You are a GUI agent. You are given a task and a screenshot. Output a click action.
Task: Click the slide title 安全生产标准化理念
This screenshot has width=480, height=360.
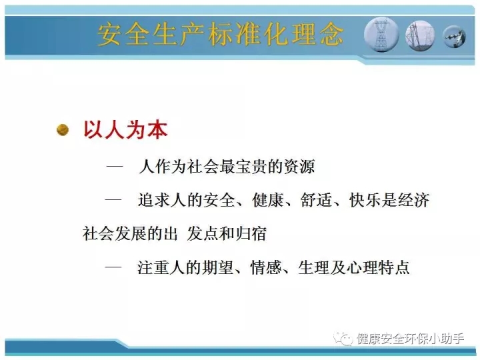[220, 35]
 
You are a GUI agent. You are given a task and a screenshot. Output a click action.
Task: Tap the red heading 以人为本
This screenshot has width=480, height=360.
[125, 130]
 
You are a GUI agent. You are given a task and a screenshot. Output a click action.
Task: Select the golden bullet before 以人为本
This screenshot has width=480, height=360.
[63, 130]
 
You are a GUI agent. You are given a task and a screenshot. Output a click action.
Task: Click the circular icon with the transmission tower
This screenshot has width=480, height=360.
[381, 35]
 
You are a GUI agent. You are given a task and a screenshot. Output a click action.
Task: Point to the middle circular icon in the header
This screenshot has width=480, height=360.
[420, 35]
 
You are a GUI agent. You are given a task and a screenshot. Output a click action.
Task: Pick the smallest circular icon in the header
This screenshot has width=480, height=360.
[454, 37]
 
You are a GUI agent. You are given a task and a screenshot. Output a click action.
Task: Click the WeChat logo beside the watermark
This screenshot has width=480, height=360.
[343, 339]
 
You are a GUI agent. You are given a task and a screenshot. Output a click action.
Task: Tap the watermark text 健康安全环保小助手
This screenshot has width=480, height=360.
[410, 339]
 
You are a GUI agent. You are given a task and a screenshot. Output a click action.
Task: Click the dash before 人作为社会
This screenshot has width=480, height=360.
[115, 167]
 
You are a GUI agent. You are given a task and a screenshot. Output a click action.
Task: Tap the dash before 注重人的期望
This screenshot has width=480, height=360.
[113, 267]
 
